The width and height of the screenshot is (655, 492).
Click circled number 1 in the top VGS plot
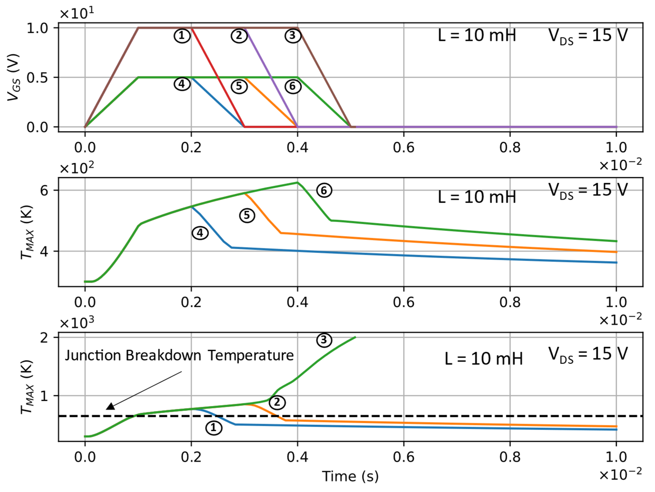point(182,36)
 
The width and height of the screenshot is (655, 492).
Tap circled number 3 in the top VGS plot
point(292,36)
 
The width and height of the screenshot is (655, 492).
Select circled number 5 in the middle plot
point(247,215)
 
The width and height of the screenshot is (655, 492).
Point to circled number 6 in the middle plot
point(324,190)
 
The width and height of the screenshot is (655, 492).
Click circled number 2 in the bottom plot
point(277,402)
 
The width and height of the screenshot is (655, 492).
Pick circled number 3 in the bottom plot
point(324,340)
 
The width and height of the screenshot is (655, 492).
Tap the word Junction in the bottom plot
point(93,355)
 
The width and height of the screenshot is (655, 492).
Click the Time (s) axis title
point(350,476)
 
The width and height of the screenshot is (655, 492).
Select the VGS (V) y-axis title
point(14,78)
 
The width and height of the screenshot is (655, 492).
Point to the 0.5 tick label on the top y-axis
point(37,78)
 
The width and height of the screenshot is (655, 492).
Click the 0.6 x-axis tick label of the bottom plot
point(404,457)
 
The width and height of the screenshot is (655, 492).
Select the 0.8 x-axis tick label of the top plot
point(510,147)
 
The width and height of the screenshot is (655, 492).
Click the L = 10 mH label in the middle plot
point(477,197)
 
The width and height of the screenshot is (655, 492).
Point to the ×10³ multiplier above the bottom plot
point(77,322)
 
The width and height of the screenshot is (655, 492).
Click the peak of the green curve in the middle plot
point(297,183)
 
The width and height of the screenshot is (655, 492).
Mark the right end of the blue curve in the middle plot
point(616,262)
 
